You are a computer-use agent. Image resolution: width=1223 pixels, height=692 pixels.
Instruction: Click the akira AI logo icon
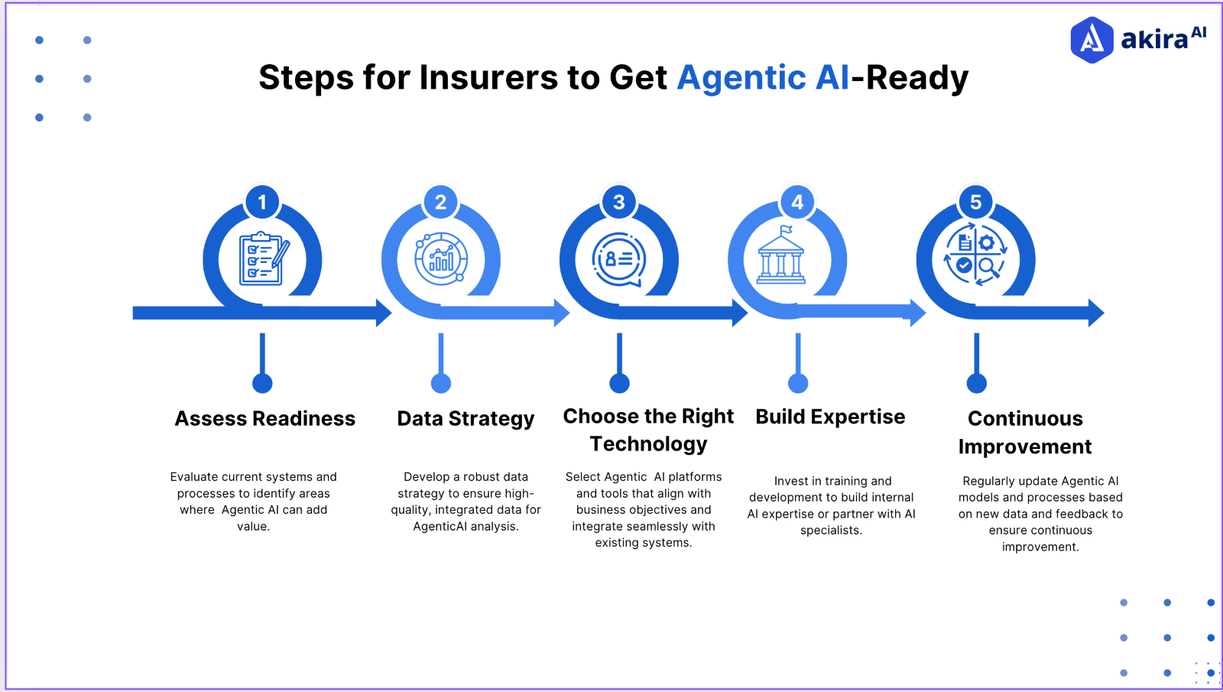click(x=1092, y=40)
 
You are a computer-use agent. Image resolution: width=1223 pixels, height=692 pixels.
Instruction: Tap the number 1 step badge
click(x=262, y=203)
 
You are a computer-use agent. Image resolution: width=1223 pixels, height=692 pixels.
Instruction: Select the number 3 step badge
click(x=619, y=203)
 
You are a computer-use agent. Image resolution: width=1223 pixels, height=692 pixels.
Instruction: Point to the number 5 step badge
click(x=976, y=203)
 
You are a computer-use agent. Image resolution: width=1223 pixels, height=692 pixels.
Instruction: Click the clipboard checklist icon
click(x=262, y=259)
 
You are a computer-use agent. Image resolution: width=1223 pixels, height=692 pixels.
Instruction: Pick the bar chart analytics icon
click(x=441, y=259)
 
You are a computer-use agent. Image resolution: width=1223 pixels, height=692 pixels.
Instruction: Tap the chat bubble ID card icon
click(x=619, y=260)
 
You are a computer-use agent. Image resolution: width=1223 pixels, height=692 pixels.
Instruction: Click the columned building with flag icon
click(x=780, y=256)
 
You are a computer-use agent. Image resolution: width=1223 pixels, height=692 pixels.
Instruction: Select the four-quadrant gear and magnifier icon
click(x=975, y=255)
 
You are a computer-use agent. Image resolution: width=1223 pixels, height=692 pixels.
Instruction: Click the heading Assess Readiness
click(x=265, y=419)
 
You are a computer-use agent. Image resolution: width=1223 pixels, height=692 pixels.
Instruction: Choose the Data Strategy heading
click(x=466, y=419)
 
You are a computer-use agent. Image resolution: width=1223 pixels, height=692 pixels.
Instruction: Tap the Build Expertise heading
click(x=830, y=417)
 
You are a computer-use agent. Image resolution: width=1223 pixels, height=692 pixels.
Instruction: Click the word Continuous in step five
click(x=1025, y=419)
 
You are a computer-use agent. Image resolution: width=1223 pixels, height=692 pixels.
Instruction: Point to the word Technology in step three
click(x=648, y=444)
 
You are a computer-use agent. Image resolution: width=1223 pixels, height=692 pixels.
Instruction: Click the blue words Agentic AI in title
click(x=763, y=78)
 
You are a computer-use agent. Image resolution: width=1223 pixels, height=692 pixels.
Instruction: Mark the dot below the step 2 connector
click(x=441, y=383)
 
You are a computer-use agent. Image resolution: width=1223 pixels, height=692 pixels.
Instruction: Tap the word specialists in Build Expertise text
click(x=831, y=531)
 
